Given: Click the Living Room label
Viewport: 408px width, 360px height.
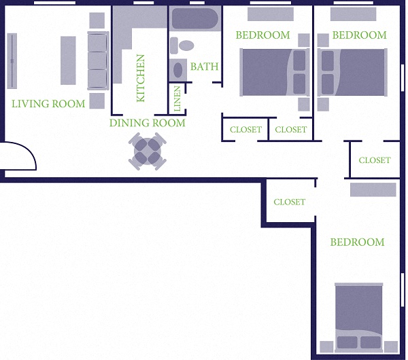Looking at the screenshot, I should coord(49,104).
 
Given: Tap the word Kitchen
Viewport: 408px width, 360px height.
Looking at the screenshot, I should coord(141,77).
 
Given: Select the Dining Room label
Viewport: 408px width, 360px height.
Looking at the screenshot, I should coord(148,123).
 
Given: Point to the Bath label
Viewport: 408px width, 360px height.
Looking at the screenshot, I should coord(204,67).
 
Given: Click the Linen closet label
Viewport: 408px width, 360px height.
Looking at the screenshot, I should coord(177,98).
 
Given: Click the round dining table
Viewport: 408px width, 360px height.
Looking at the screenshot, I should coord(148,152).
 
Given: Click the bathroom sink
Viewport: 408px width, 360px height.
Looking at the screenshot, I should coord(178,69).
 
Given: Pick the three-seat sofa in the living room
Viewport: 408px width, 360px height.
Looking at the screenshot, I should coord(98,60).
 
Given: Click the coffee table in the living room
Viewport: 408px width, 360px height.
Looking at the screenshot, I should coord(68,60).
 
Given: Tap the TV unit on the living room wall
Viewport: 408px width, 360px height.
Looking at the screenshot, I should coord(12,60).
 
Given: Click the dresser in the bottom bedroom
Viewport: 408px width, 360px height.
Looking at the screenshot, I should coord(373,190).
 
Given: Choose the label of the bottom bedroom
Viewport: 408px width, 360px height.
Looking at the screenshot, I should coord(357,242).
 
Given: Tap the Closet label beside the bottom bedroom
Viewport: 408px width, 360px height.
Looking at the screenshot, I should coord(289,202).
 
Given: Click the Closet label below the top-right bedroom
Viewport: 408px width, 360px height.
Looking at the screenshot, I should coord(375,160).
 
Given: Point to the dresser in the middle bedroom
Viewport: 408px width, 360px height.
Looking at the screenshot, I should coord(271,14).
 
